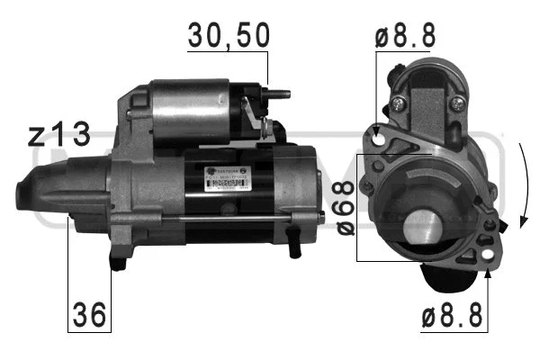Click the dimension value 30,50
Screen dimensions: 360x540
228,35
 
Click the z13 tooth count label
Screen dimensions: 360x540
59,135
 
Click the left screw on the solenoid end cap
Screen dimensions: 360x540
395,105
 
